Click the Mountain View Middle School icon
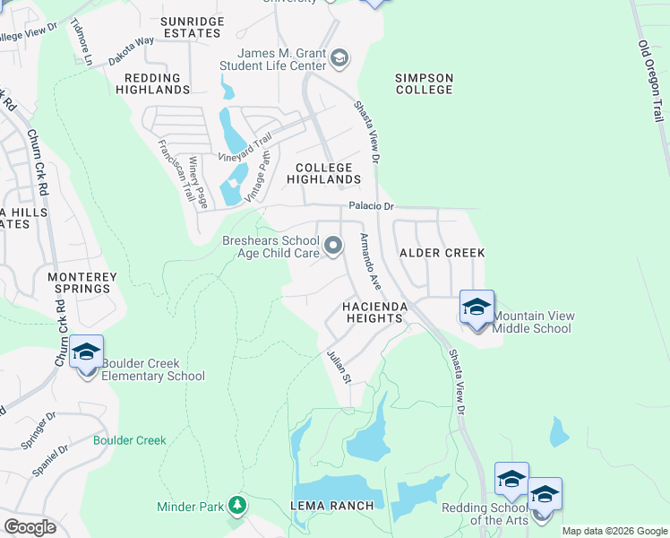[477, 308]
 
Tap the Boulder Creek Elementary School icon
[86, 353]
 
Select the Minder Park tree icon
[237, 506]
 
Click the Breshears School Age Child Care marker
[333, 246]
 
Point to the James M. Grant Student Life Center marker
[339, 59]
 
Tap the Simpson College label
[425, 84]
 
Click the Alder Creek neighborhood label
[442, 254]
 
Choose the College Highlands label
[323, 174]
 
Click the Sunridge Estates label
[191, 27]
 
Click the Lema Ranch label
[332, 506]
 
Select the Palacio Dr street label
[372, 206]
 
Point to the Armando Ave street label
[370, 261]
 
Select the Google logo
[30, 527]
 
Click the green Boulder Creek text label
[130, 440]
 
